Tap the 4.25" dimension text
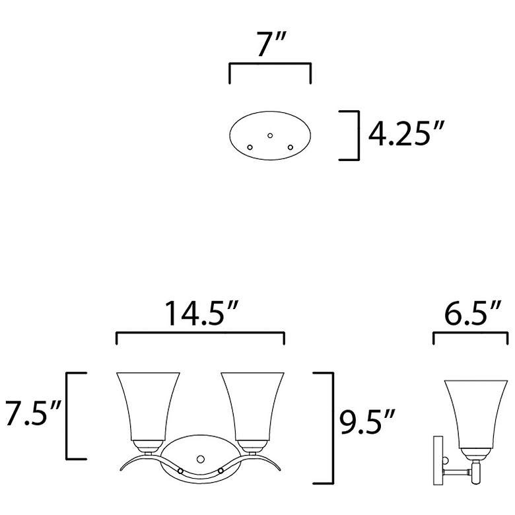(405, 133)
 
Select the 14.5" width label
(201, 314)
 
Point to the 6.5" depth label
(472, 313)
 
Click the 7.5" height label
(33, 413)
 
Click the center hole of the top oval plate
(270, 135)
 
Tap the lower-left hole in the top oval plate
(250, 147)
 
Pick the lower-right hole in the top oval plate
(291, 147)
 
